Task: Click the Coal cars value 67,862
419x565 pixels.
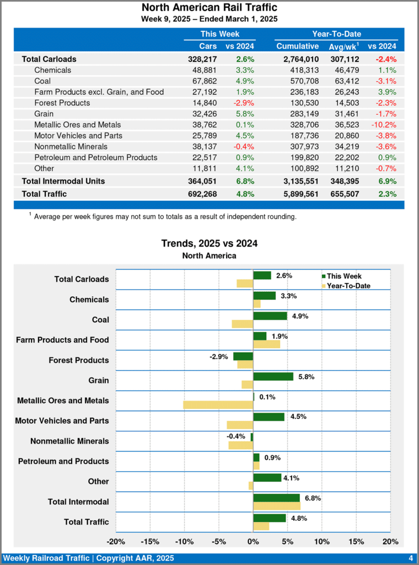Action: pos(203,81)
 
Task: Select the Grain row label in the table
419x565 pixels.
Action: pos(44,114)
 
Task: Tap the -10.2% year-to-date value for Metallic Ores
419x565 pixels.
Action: pos(384,125)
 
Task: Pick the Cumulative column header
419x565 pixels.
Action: pos(297,46)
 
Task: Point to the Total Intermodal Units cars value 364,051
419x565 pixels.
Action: pos(202,181)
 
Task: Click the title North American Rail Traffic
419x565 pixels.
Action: pos(209,8)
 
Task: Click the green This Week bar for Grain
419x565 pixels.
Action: pos(273,376)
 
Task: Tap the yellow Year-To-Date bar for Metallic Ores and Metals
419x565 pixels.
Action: pos(218,404)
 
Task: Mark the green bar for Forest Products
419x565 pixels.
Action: pos(243,356)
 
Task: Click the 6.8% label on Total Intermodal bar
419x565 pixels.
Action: pos(313,498)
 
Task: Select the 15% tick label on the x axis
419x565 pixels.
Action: pos(356,541)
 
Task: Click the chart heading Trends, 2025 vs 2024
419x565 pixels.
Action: pos(209,243)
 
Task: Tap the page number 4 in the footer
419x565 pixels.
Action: pos(411,558)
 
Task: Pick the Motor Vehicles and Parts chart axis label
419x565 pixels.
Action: pos(62,420)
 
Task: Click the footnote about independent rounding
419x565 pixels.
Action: pos(165,217)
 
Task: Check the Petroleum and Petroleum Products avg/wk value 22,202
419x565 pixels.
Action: pos(345,157)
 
